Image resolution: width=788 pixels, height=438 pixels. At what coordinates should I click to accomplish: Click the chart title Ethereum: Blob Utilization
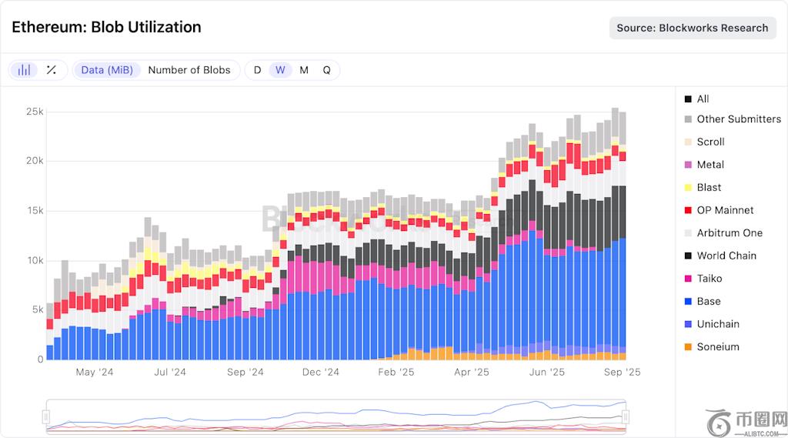tap(106, 27)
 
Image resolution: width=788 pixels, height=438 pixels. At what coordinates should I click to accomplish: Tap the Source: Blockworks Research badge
tap(692, 28)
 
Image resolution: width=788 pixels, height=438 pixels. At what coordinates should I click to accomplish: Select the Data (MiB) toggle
tap(107, 70)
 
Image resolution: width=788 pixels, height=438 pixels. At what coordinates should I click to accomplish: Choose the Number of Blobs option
tap(189, 70)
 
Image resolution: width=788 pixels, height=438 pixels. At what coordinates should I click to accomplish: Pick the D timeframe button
tap(257, 70)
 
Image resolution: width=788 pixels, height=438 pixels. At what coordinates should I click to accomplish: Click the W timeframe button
tap(280, 70)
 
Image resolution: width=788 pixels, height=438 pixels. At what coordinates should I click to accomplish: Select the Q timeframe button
tap(326, 70)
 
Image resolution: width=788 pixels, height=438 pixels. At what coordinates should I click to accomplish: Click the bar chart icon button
tap(25, 70)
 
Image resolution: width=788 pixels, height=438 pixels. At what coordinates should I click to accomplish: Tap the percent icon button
tap(52, 70)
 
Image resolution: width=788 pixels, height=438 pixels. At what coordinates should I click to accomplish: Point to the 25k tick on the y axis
tap(35, 112)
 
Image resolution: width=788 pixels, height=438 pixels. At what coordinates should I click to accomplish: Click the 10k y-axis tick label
tap(35, 260)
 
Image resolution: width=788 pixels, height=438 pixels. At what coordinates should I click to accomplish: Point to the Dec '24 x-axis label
tap(321, 373)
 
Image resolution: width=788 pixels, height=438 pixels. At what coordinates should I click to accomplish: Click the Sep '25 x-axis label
tap(622, 373)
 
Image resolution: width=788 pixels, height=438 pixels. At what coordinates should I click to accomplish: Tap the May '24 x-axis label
tap(95, 373)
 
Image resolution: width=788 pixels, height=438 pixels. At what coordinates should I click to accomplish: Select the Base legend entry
tap(708, 301)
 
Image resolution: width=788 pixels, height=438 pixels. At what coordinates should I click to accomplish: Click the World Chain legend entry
tap(726, 256)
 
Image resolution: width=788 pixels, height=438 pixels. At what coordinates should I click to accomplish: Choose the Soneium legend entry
tap(717, 346)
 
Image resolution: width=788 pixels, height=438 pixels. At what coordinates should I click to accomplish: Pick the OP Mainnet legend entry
tap(724, 210)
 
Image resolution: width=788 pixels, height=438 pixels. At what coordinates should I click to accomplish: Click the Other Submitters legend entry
tap(738, 119)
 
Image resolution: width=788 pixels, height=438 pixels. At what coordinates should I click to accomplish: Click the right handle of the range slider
tap(626, 416)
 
